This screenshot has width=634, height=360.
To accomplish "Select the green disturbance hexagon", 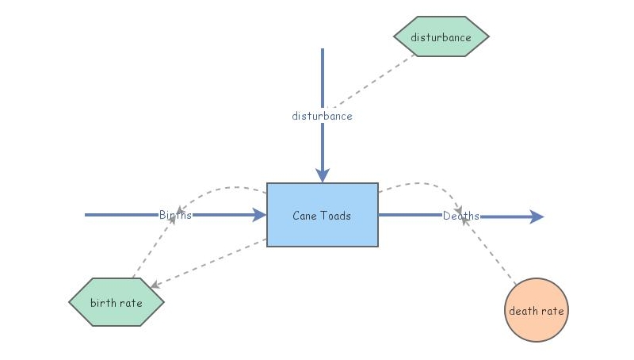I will tap(441, 37).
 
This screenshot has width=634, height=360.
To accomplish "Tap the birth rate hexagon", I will tap(116, 302).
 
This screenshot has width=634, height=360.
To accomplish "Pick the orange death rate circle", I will tap(537, 310).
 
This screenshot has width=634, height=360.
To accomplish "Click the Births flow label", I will tap(174, 215).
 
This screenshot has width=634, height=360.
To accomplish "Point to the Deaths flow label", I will tap(460, 216).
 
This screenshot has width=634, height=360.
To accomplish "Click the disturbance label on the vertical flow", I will tap(322, 116).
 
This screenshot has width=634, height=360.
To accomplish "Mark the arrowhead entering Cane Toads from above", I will tap(322, 174).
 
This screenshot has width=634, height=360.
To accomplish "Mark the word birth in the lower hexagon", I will tap(104, 302).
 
